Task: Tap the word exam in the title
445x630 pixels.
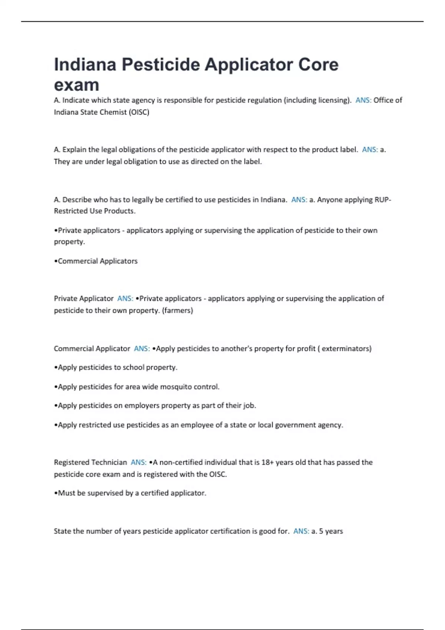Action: [x=76, y=85]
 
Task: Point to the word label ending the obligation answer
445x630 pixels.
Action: [x=252, y=162]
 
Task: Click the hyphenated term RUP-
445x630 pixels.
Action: [x=383, y=200]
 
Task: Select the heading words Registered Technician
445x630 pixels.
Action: [x=90, y=462]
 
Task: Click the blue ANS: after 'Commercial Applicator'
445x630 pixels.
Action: [x=142, y=348]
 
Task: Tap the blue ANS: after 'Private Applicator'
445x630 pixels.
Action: [x=125, y=298]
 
